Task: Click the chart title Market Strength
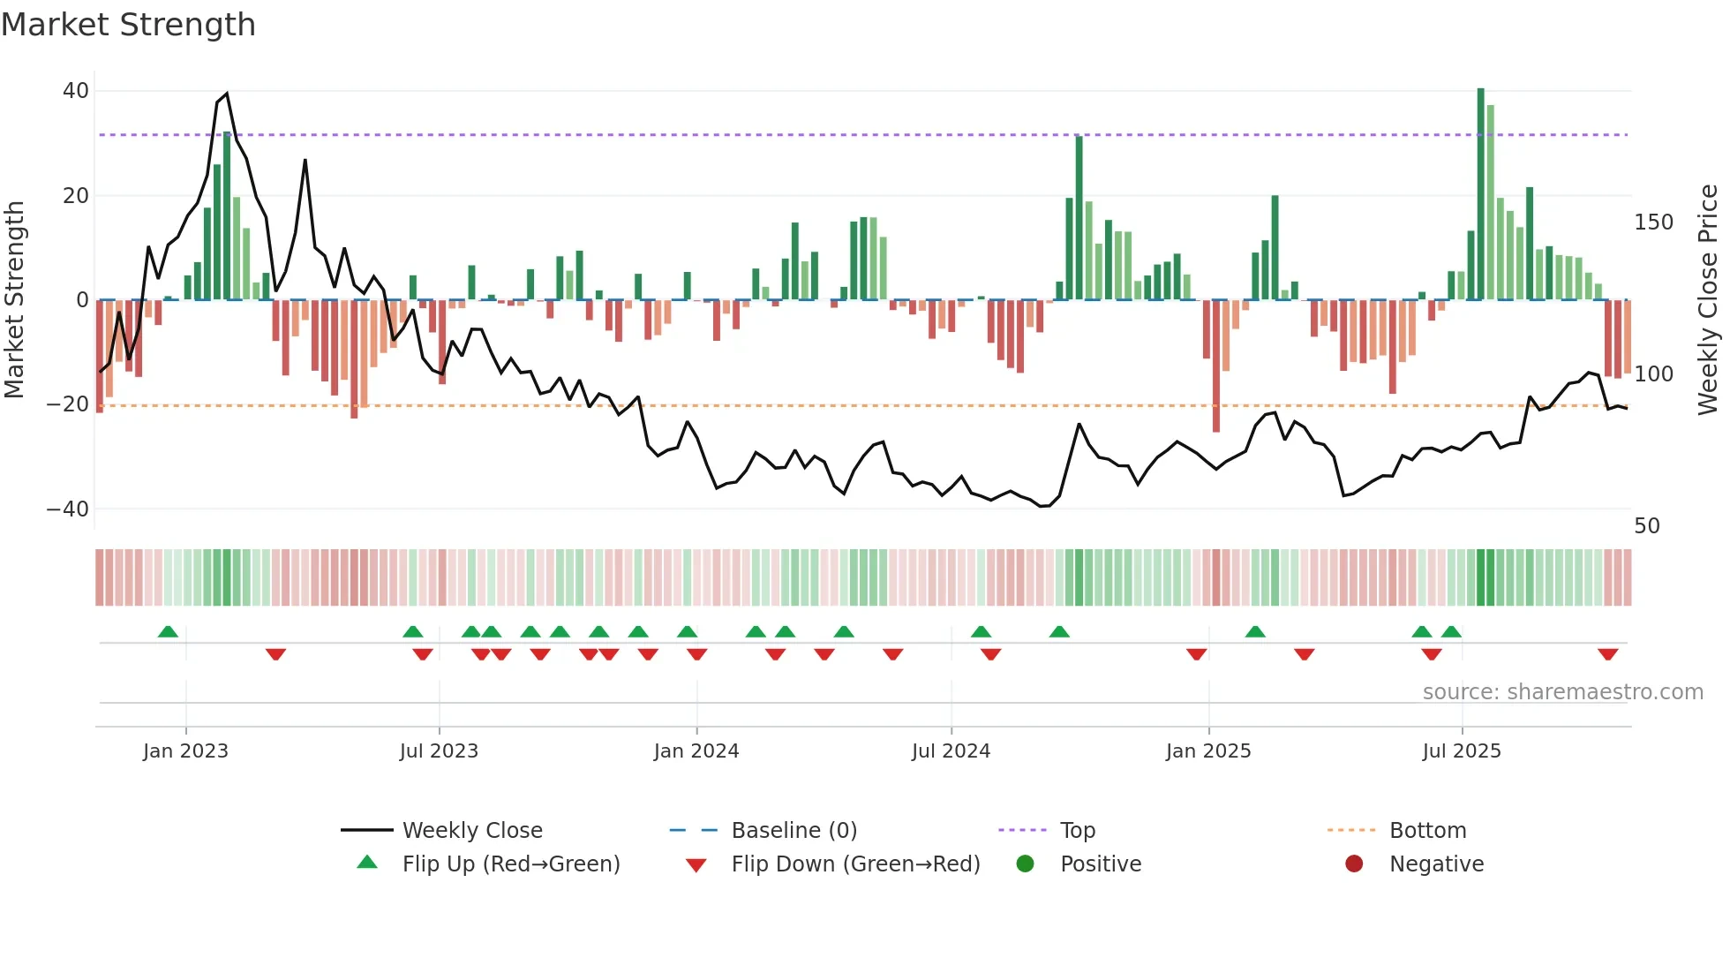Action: [x=128, y=25]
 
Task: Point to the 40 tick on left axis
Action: [x=76, y=91]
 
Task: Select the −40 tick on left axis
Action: [x=69, y=509]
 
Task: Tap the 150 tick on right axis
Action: [x=1653, y=223]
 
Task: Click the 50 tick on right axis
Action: [x=1647, y=526]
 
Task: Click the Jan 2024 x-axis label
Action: [x=696, y=751]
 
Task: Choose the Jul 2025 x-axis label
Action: [x=1462, y=751]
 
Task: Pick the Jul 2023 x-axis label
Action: [x=439, y=751]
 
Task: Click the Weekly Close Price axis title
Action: [x=1708, y=300]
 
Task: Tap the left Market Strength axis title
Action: [x=15, y=300]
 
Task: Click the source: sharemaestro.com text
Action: [x=1562, y=692]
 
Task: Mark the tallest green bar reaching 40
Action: [x=1481, y=194]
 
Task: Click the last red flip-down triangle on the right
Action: [x=1607, y=654]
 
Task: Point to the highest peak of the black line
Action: [x=227, y=94]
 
